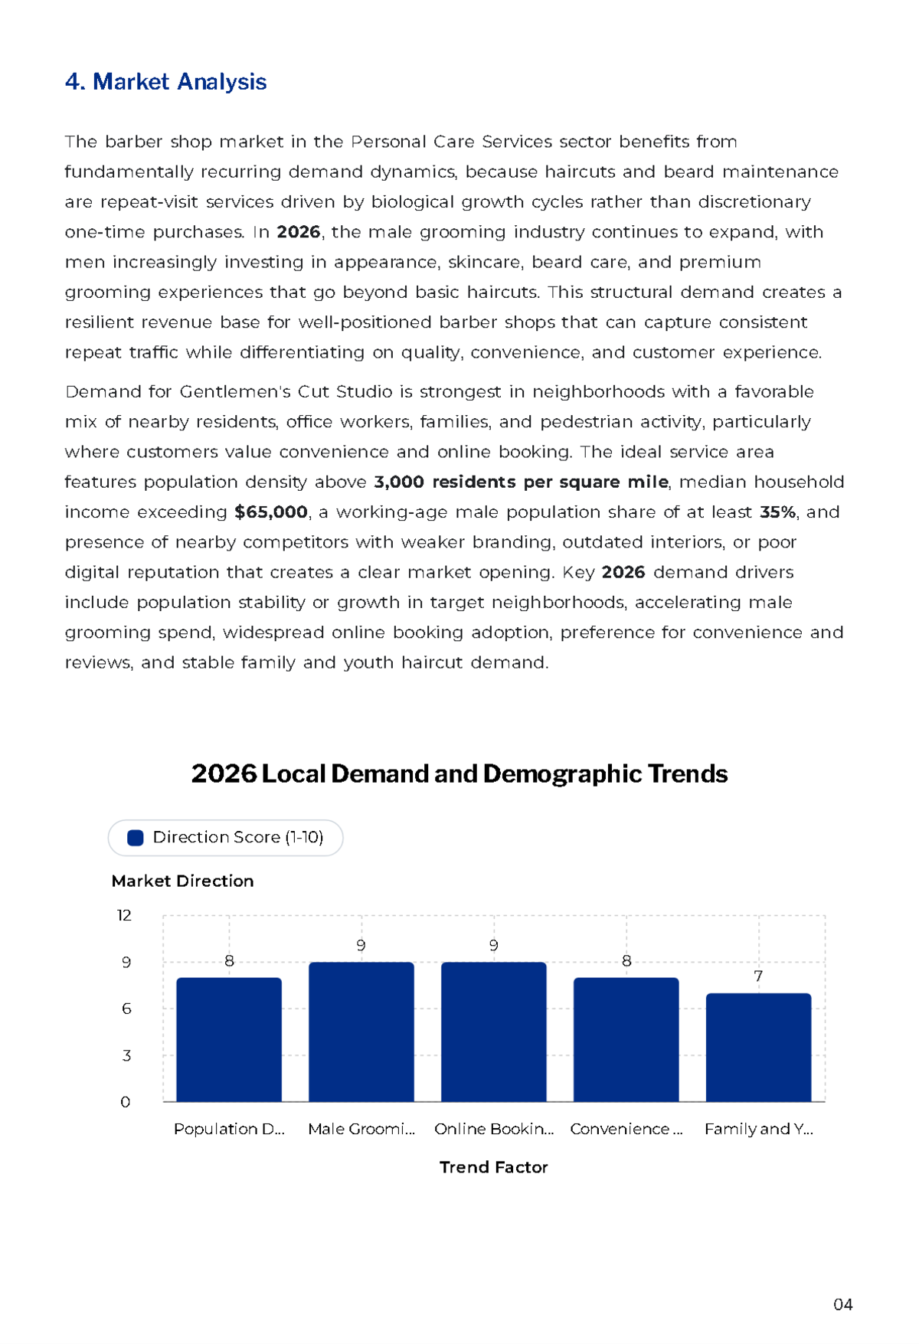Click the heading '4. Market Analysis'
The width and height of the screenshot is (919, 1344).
click(x=165, y=82)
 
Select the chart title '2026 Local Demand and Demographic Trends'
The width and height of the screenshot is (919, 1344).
click(x=459, y=773)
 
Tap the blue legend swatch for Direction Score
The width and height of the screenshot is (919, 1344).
click(x=136, y=838)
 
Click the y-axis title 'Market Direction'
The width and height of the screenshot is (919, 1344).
click(x=182, y=881)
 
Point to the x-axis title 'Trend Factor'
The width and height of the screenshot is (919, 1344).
click(x=493, y=1167)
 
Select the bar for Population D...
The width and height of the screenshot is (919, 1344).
click(x=229, y=1040)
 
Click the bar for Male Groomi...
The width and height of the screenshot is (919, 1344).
click(x=361, y=1032)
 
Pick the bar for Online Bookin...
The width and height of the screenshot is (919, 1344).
click(x=494, y=1032)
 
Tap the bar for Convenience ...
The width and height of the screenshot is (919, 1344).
click(x=626, y=1040)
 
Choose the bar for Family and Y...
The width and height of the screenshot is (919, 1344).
click(x=759, y=1048)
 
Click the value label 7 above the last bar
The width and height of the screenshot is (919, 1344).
click(x=758, y=976)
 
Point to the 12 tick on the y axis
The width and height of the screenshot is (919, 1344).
click(x=124, y=915)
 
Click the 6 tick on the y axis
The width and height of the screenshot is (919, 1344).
click(x=126, y=1009)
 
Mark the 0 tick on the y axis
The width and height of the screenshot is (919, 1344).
click(x=126, y=1102)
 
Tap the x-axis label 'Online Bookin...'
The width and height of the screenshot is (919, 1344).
click(x=494, y=1129)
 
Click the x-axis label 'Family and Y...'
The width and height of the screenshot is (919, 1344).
click(x=759, y=1129)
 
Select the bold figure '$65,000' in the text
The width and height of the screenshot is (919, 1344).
click(x=271, y=512)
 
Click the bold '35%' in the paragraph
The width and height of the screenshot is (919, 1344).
click(x=777, y=512)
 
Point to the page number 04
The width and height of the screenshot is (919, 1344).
click(x=843, y=1305)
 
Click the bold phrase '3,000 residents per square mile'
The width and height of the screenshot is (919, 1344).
click(x=521, y=482)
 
